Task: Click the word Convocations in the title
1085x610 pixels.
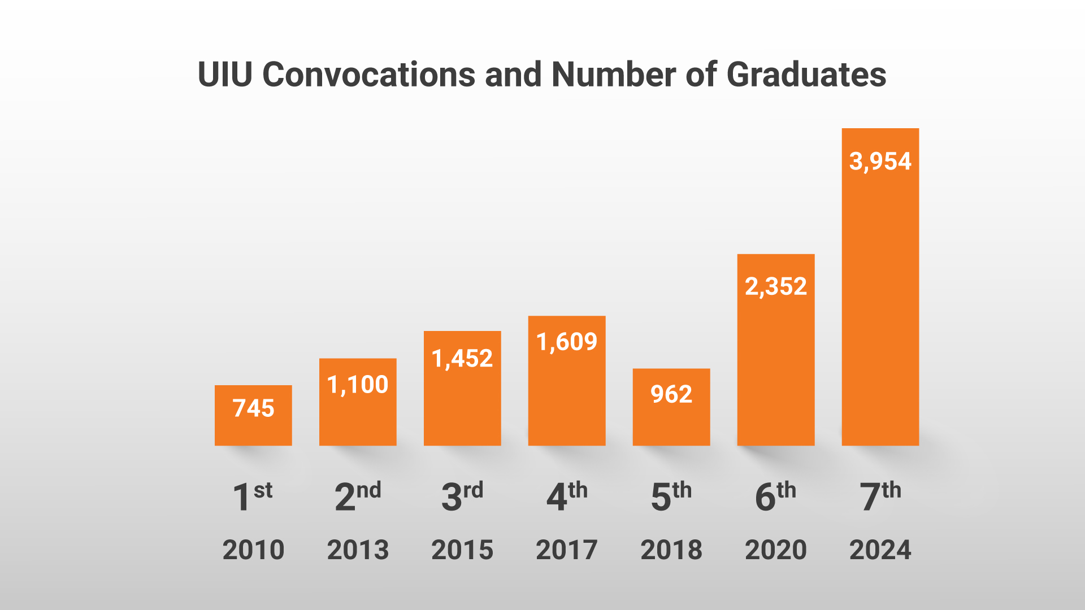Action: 368,75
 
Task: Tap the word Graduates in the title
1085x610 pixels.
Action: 806,75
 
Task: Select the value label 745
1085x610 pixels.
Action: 253,408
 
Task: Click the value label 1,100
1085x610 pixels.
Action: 358,385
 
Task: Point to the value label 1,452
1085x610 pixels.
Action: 462,359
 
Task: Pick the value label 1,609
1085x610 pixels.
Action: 567,342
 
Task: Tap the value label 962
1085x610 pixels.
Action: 671,394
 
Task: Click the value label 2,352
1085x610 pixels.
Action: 776,287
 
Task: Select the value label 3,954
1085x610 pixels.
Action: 880,162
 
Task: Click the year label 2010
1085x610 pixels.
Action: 253,550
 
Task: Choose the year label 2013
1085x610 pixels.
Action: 358,550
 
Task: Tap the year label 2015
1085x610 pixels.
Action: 462,550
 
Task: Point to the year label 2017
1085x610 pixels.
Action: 567,550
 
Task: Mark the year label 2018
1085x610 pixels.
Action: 671,550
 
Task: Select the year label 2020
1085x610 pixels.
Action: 776,550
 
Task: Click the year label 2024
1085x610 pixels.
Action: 880,550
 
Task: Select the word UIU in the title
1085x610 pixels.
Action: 224,75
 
